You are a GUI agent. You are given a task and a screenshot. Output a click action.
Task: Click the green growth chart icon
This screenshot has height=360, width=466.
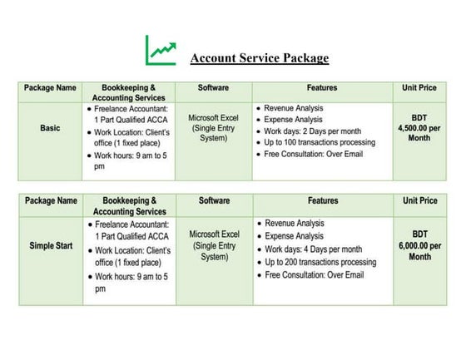(x=161, y=51)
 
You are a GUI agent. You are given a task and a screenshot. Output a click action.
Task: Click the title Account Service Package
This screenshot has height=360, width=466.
(x=259, y=58)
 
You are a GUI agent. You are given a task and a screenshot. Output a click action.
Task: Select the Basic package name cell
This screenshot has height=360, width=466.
(x=50, y=129)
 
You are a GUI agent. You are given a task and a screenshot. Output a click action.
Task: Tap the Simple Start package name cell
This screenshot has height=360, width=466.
(x=50, y=246)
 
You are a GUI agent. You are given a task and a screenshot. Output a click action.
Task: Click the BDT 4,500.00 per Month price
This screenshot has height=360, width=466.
(x=419, y=128)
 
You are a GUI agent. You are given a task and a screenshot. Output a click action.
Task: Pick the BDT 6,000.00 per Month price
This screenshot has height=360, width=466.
(x=419, y=246)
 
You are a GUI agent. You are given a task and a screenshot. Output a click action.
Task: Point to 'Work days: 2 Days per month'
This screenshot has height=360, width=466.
(x=313, y=131)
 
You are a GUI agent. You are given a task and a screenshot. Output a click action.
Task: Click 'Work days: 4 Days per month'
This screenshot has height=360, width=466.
(x=313, y=249)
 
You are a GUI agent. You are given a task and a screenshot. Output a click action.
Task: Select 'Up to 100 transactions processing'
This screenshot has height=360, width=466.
(x=320, y=143)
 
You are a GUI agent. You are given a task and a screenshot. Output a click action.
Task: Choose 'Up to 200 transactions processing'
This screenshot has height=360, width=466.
(x=320, y=262)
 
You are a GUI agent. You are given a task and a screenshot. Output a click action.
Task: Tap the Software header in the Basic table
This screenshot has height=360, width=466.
(x=214, y=87)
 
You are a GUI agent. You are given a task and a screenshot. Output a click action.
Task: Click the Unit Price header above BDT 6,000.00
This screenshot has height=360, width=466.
(x=419, y=201)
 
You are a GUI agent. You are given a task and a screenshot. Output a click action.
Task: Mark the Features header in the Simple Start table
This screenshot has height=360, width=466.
(x=322, y=201)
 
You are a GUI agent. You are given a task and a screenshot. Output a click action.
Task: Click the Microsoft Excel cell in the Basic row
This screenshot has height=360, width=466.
(x=213, y=128)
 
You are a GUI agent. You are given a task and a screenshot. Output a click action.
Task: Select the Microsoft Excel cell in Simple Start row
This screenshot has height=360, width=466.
(x=213, y=245)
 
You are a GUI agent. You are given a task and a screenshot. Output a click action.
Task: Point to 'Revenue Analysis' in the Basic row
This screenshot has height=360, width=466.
(x=294, y=108)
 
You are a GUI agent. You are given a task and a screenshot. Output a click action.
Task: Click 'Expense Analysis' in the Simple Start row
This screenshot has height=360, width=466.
(x=294, y=237)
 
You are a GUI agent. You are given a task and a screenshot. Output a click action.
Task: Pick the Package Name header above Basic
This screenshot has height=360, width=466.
(x=50, y=87)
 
